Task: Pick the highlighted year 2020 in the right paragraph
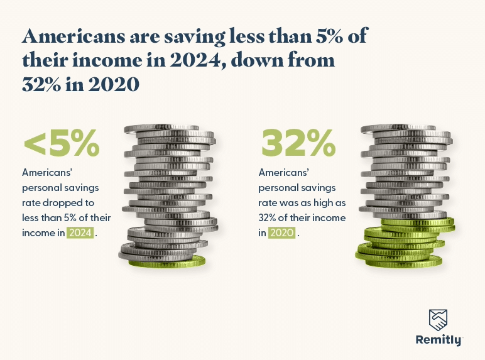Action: pos(281,232)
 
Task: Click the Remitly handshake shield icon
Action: pos(439,320)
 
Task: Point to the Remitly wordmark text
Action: pos(439,340)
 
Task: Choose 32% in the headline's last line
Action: pos(45,84)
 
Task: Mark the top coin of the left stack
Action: pos(165,129)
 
